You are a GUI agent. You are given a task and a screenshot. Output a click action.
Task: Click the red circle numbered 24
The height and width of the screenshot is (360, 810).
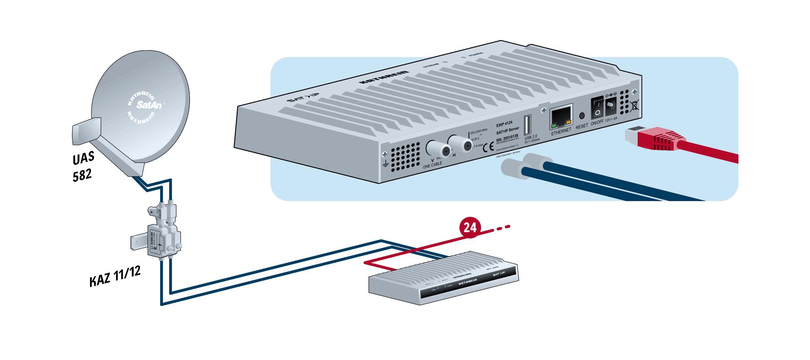470,227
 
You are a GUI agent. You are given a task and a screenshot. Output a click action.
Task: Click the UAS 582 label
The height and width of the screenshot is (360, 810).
83,166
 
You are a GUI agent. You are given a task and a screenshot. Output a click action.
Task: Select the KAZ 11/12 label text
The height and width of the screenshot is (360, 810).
115,275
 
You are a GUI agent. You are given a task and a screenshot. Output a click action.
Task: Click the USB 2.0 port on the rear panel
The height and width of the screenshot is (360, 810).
527,124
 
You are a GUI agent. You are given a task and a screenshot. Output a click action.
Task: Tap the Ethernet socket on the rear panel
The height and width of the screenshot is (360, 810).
561,117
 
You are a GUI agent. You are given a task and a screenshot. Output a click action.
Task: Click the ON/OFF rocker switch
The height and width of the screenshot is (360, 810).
597,108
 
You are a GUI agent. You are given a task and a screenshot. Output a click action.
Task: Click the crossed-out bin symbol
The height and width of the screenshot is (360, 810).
635,106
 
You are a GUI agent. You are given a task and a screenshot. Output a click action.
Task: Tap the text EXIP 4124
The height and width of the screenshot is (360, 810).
504,124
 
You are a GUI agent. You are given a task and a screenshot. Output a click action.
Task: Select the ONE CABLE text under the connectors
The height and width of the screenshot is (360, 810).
432,165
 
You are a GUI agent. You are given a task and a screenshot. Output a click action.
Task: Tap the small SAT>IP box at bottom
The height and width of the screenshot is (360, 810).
443,279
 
